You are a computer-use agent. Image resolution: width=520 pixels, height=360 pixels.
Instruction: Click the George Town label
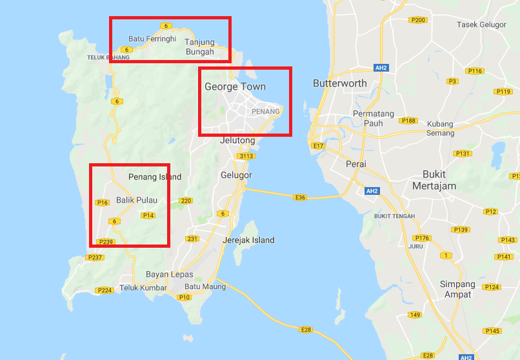(235, 86)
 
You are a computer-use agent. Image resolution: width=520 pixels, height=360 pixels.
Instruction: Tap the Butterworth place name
(339, 83)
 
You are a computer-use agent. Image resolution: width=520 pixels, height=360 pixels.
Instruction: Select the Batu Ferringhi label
(152, 39)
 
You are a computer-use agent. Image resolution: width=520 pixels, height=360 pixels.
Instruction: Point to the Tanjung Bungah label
(199, 47)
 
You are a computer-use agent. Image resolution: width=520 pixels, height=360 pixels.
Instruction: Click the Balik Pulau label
(137, 200)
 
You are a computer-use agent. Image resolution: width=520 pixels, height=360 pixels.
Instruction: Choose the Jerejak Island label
(248, 240)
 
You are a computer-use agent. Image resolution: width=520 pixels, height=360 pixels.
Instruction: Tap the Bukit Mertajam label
(439, 180)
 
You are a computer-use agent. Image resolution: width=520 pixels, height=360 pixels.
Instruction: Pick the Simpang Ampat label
(457, 289)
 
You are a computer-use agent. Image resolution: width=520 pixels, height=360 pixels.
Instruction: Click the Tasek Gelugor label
(481, 25)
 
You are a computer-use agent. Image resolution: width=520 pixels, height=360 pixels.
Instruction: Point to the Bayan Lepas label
(169, 274)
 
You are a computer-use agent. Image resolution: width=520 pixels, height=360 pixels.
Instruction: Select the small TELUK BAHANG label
(108, 57)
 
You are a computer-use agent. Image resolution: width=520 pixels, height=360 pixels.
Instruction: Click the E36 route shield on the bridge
(300, 197)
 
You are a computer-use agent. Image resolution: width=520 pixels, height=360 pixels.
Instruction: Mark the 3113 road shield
(246, 156)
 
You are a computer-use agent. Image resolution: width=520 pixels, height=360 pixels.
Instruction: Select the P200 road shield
(418, 20)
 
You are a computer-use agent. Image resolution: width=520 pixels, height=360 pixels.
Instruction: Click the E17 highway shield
(317, 146)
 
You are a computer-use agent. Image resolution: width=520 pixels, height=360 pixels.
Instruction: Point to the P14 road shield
(148, 215)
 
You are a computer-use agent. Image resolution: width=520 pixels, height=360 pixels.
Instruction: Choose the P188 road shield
(408, 121)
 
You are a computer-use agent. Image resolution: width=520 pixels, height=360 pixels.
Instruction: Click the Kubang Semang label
(440, 128)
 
